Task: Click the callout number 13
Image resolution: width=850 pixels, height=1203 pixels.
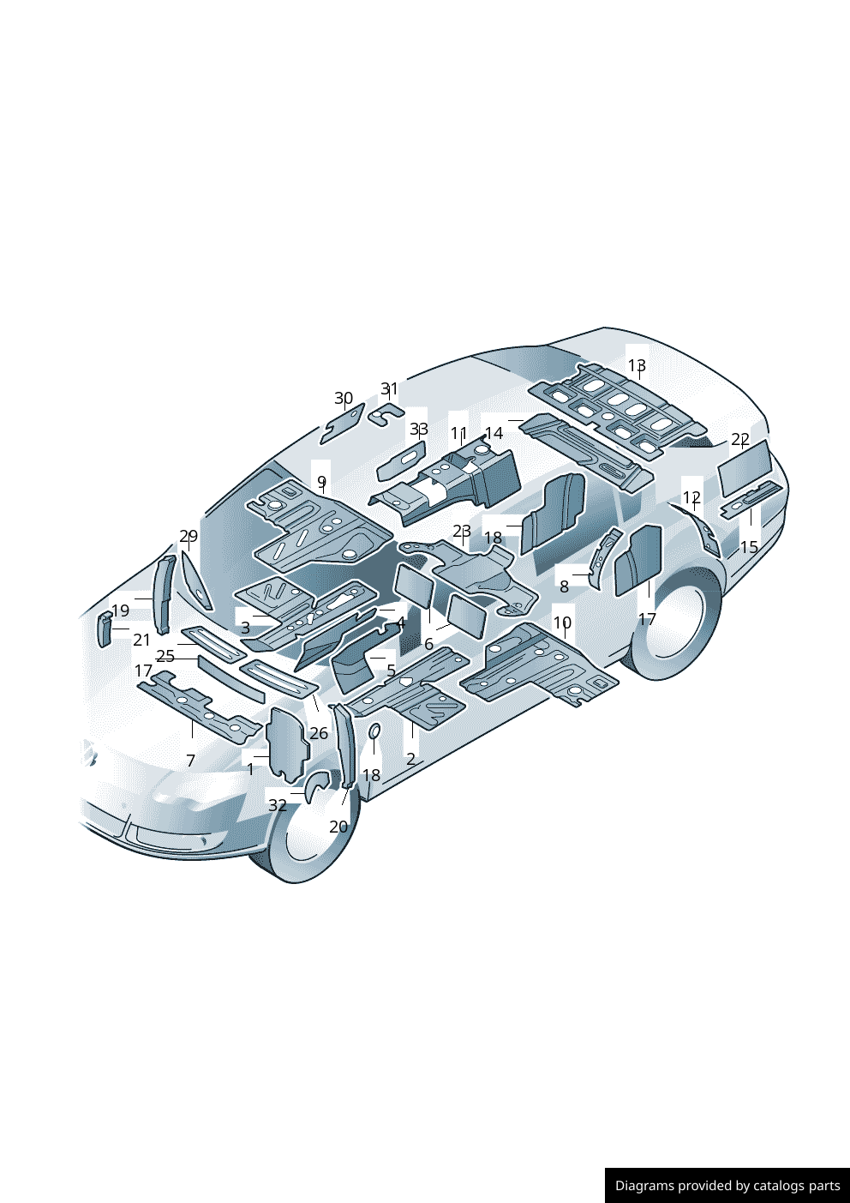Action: point(637,365)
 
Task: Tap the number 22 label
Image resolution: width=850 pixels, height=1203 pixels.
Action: point(740,439)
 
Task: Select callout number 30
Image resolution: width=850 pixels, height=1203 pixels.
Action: point(344,398)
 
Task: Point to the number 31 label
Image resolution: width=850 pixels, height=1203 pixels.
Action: point(390,388)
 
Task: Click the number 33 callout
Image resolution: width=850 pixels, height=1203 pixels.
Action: point(419,429)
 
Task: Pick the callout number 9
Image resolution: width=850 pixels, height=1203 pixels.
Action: point(321,481)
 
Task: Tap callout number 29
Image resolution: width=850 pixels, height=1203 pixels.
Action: point(189,535)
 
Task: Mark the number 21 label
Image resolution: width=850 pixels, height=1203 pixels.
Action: point(141,640)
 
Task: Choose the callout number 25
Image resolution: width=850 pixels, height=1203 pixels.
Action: point(165,656)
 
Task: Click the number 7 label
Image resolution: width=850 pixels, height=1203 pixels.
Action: point(190,761)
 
